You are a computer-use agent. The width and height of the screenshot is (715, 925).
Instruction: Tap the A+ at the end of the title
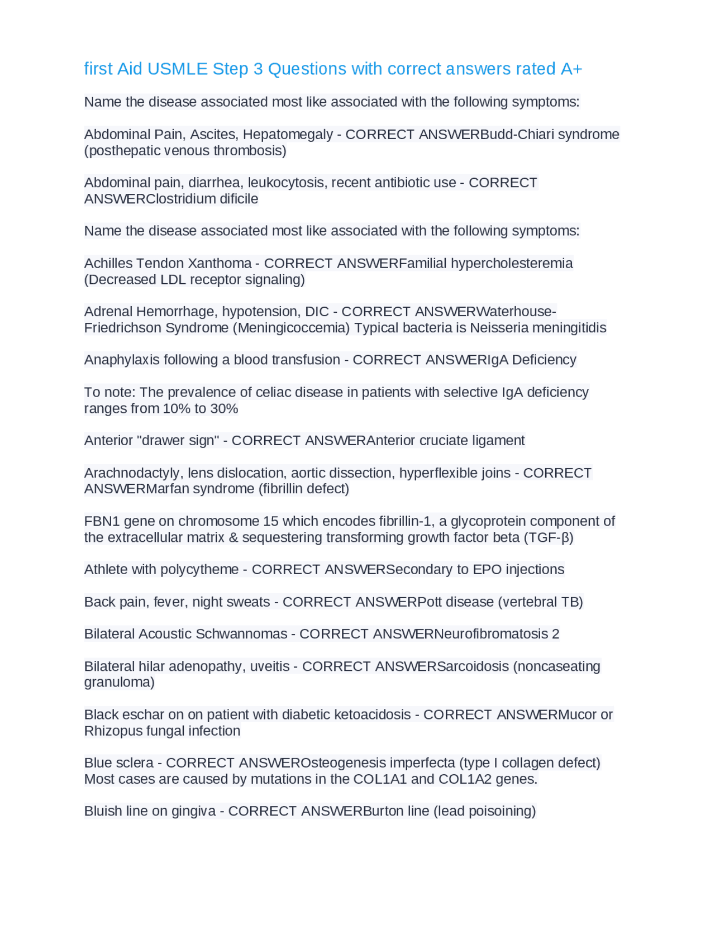click(x=571, y=69)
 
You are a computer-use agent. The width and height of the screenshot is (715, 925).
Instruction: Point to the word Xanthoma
click(x=220, y=263)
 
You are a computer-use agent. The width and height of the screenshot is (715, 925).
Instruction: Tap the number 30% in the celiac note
click(x=224, y=408)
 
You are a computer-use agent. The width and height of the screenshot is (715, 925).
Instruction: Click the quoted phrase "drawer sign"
click(x=178, y=441)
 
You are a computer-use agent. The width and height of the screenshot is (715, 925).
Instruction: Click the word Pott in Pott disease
click(x=430, y=602)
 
